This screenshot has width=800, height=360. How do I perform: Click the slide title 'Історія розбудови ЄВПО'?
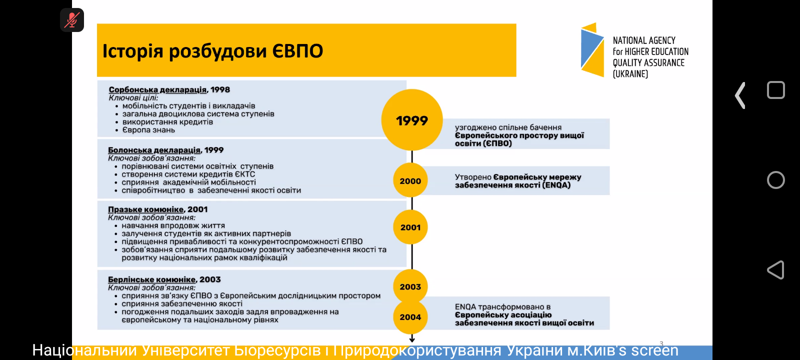213,51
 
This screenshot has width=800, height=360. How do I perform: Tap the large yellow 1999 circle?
412,120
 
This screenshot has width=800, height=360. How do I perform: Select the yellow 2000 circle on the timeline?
410,181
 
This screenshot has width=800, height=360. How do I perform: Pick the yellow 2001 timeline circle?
410,227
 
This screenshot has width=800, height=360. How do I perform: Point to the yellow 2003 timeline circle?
410,286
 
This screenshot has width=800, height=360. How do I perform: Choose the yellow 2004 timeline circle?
410,317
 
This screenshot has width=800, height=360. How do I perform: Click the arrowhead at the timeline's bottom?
412,339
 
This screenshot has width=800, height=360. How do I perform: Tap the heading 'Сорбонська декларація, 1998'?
169,90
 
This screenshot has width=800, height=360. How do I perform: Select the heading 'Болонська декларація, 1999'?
165,150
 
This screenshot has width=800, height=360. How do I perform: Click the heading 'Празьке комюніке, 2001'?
157,209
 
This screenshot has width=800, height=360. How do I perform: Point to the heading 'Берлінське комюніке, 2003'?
164,279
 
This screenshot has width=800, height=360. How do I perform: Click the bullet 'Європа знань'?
148,130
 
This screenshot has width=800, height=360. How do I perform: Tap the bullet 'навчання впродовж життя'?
173,225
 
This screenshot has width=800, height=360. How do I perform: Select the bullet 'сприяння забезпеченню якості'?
182,303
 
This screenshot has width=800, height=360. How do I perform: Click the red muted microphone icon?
72,20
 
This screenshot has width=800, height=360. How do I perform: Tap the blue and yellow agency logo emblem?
593,50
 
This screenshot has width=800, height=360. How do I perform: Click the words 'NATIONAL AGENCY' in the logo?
644,40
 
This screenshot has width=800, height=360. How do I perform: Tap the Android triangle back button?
775,270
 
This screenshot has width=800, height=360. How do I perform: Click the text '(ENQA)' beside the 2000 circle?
556,185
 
